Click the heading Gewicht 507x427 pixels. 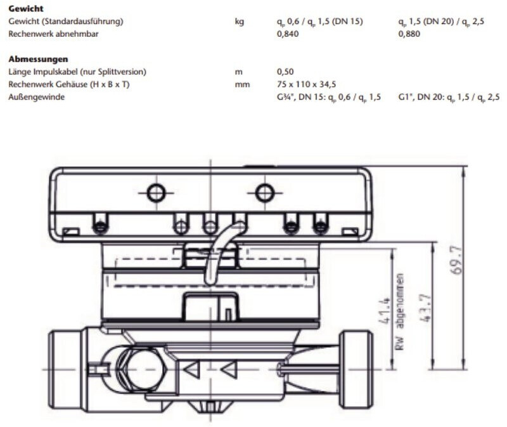click(26, 8)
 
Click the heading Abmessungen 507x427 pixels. click(38, 59)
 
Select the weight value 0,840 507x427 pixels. click(288, 34)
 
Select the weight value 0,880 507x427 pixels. click(409, 34)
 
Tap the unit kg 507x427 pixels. click(240, 22)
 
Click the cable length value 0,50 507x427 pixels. click(285, 72)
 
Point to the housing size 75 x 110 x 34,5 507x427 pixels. click(306, 84)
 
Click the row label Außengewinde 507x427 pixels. click(36, 97)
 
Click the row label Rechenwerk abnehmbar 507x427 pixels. click(53, 34)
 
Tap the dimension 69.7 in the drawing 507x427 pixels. click(456, 259)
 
